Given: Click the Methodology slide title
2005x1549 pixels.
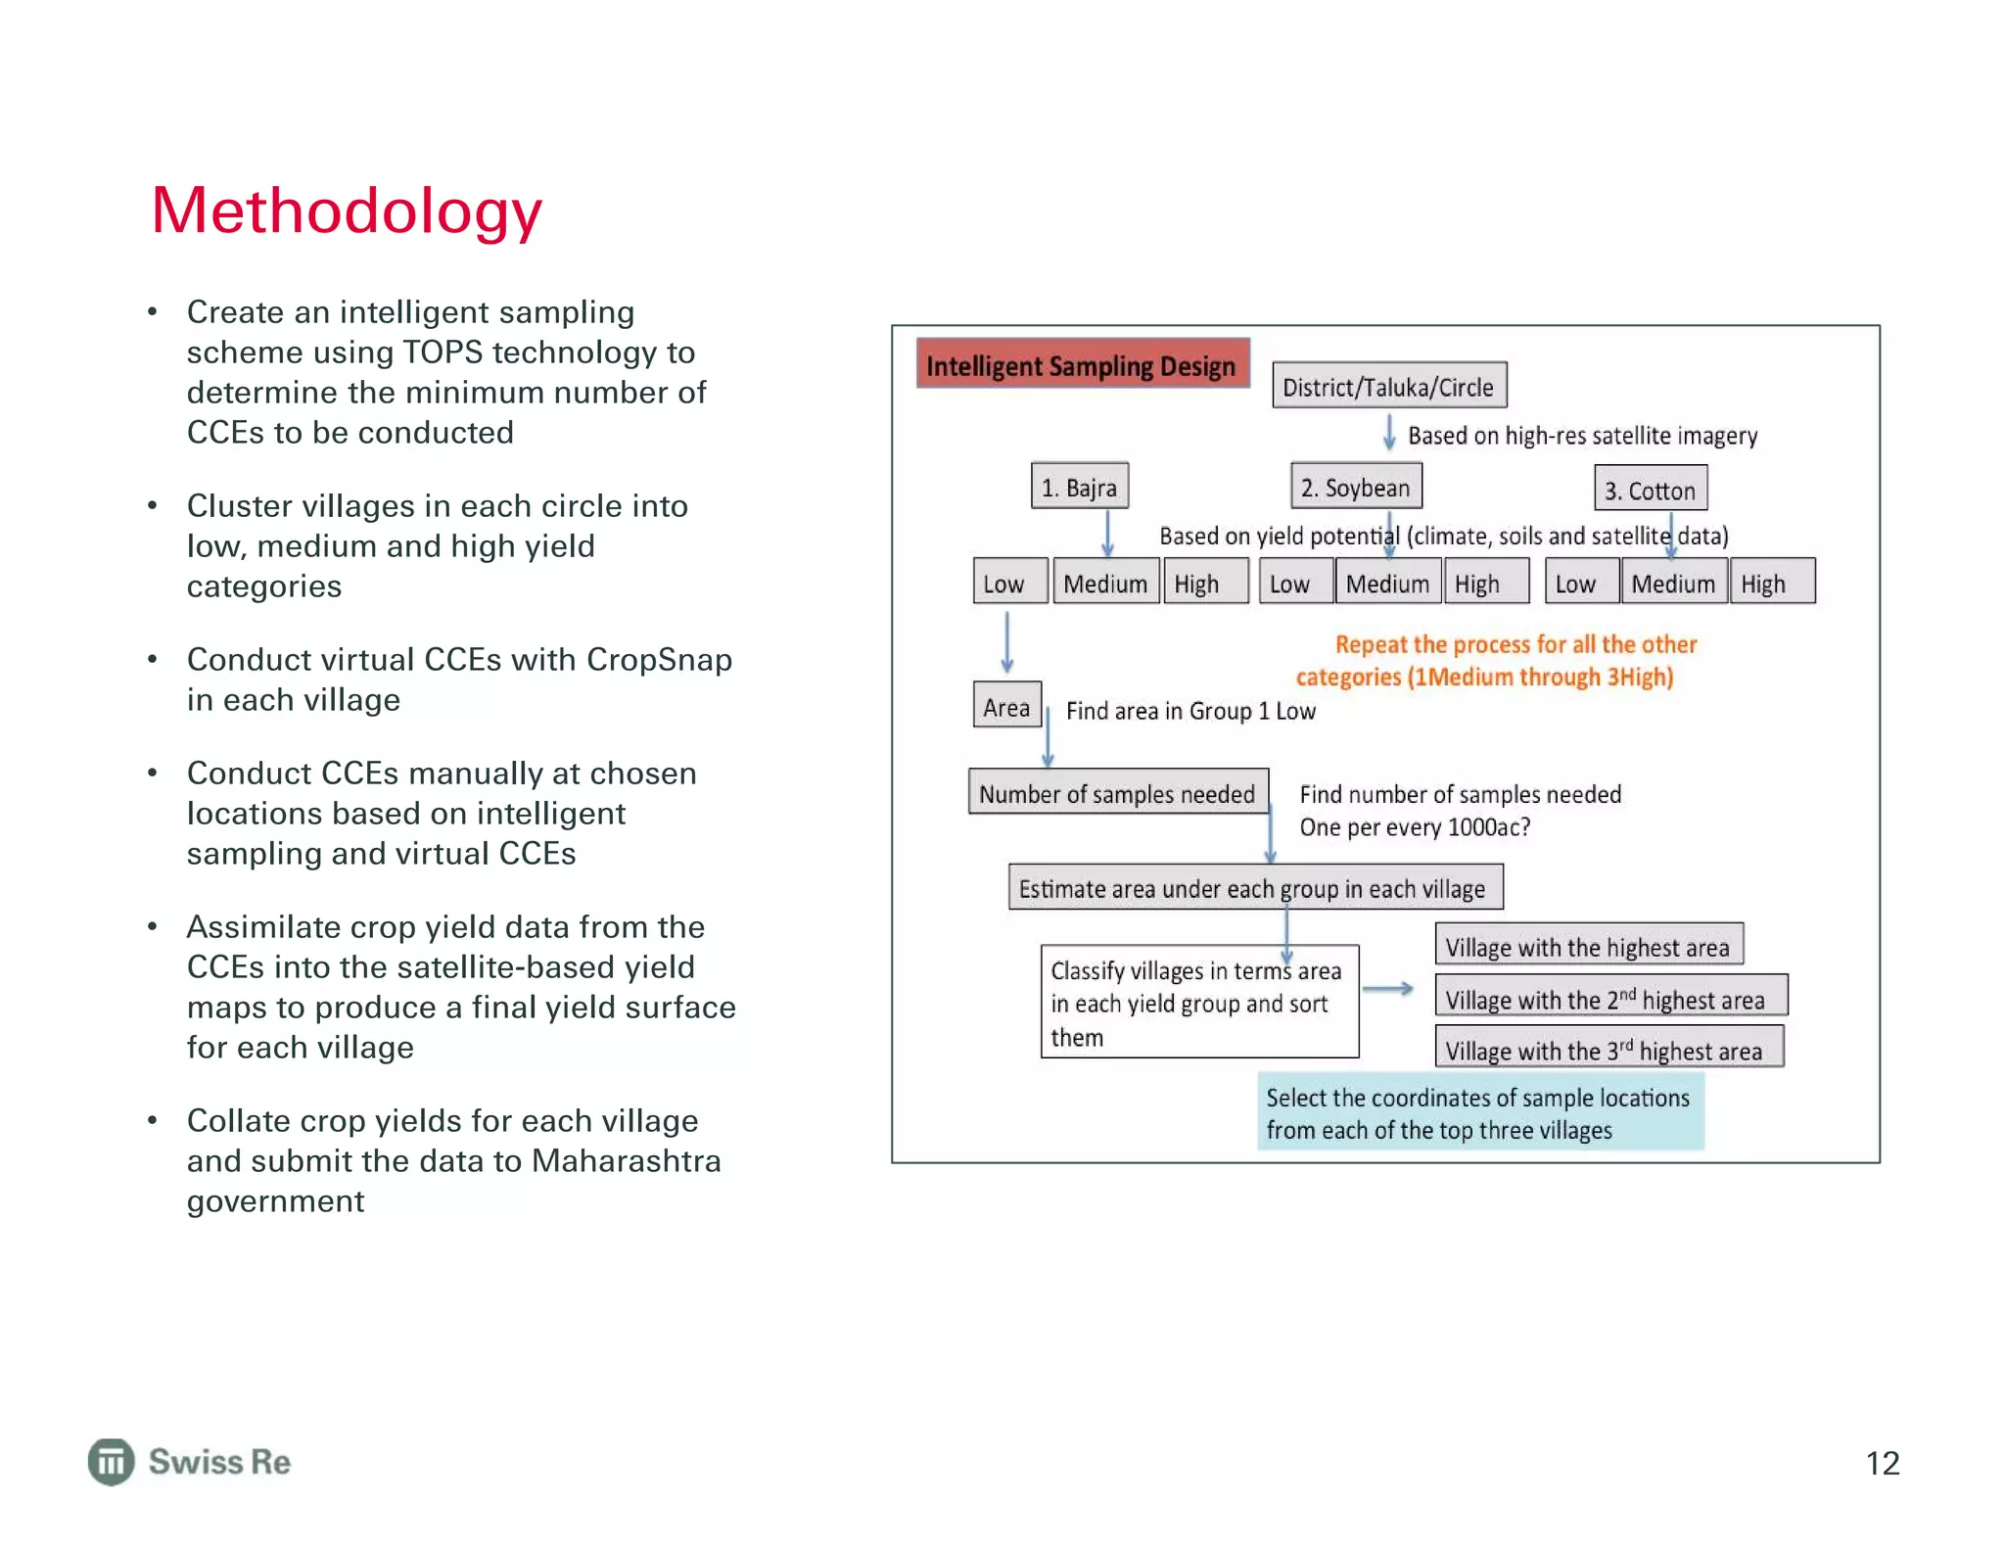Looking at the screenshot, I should (x=347, y=211).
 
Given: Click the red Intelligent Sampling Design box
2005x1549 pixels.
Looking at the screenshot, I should (x=1082, y=364).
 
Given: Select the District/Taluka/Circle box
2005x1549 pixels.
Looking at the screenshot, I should (x=1388, y=386).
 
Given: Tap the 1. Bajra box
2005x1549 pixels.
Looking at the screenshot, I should (x=1079, y=487).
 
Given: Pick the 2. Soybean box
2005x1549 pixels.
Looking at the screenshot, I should (x=1356, y=487).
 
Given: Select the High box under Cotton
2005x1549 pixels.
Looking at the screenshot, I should (x=1771, y=583).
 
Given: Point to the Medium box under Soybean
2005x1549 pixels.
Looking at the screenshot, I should (x=1387, y=583).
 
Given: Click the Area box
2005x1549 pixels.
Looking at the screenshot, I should (x=1006, y=706).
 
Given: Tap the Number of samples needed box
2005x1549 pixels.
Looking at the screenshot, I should (x=1117, y=792).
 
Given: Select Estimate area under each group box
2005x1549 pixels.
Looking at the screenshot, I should (x=1254, y=887).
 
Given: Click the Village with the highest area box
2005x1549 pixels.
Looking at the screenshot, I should (x=1588, y=946).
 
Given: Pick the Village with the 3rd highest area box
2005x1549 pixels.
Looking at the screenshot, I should (x=1608, y=1049).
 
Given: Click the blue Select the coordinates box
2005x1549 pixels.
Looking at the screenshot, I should (x=1479, y=1112).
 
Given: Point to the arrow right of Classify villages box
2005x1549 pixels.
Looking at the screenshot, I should (x=1388, y=989).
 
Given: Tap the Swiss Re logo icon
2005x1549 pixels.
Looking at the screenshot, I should (x=112, y=1461).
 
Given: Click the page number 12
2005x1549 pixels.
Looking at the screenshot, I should (x=1882, y=1462).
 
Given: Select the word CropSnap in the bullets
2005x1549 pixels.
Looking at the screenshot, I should (x=659, y=660).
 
